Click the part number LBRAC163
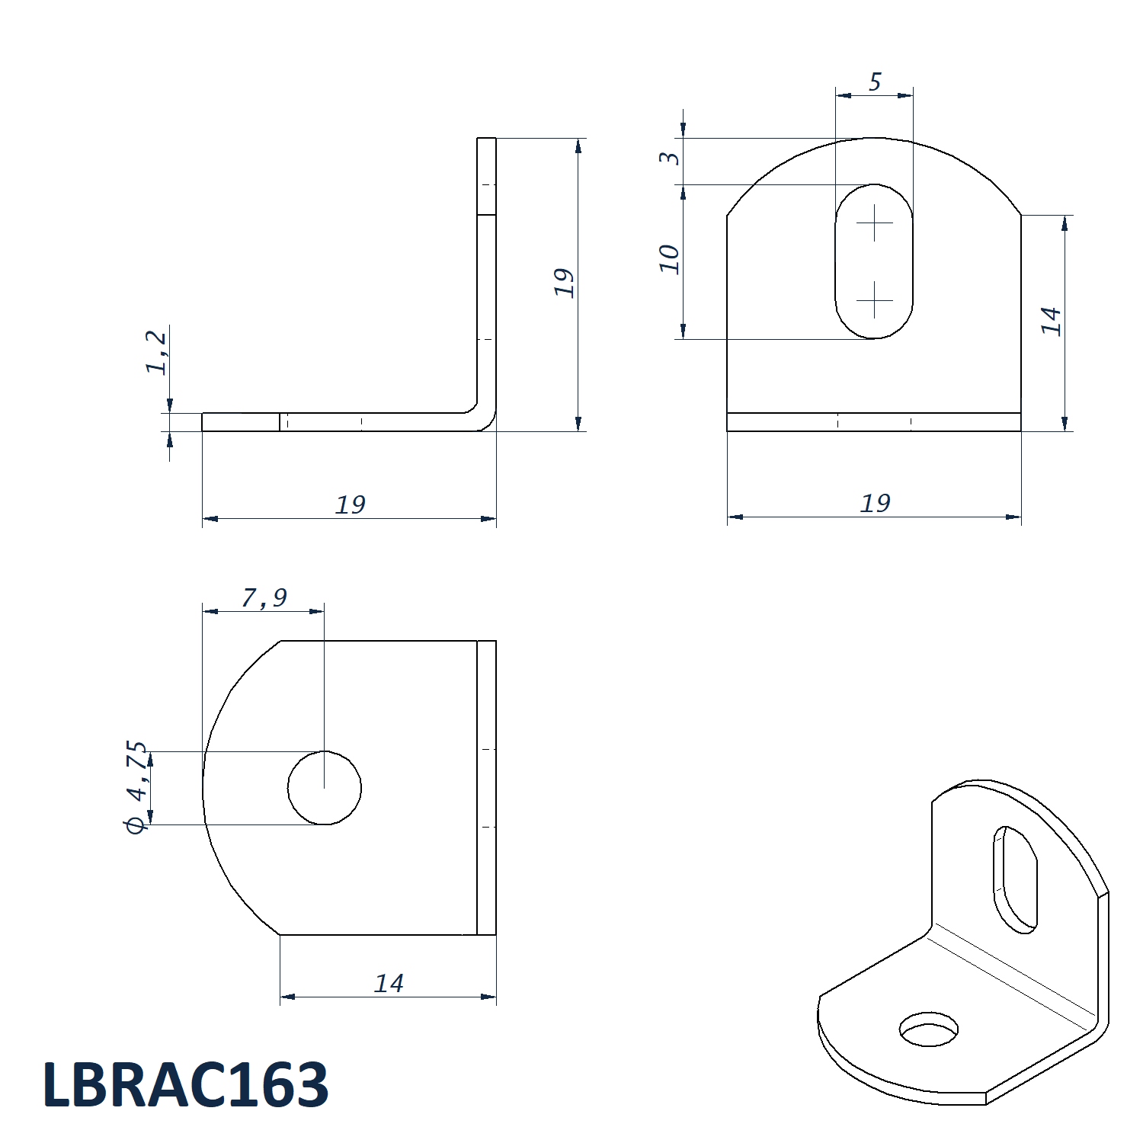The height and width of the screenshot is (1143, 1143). point(186,1083)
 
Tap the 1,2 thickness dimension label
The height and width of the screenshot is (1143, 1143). point(155,352)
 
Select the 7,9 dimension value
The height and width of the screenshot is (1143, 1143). point(264,597)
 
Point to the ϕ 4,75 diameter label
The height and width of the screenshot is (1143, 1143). point(136,786)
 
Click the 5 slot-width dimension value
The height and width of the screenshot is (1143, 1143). point(875,82)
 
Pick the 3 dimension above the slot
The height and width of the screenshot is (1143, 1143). point(669,157)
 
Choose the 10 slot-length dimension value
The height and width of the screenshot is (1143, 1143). point(668,259)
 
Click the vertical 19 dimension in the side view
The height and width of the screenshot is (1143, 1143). point(563,283)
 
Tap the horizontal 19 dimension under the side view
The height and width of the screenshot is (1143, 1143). point(351,504)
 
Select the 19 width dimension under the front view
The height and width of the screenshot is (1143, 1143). point(875,503)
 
